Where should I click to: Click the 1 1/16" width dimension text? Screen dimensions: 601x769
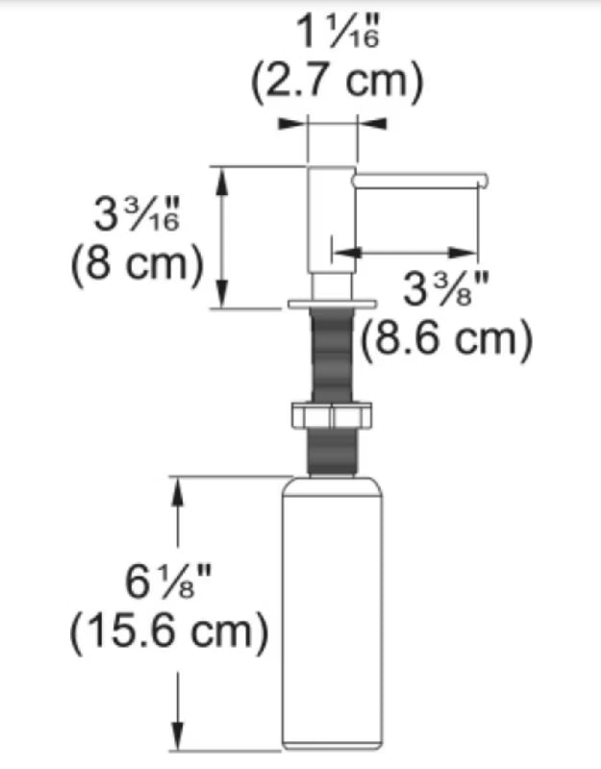(338, 33)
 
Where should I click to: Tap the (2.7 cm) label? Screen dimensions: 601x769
(338, 82)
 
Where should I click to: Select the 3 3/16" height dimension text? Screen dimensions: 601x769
(137, 214)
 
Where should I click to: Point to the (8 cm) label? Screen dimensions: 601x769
(137, 263)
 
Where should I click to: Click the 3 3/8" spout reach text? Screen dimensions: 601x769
(446, 288)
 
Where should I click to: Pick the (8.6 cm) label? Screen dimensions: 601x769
(446, 338)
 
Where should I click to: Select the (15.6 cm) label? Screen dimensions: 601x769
(169, 632)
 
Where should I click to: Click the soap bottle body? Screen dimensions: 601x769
(332, 613)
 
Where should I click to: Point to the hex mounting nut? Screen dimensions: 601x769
(332, 415)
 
